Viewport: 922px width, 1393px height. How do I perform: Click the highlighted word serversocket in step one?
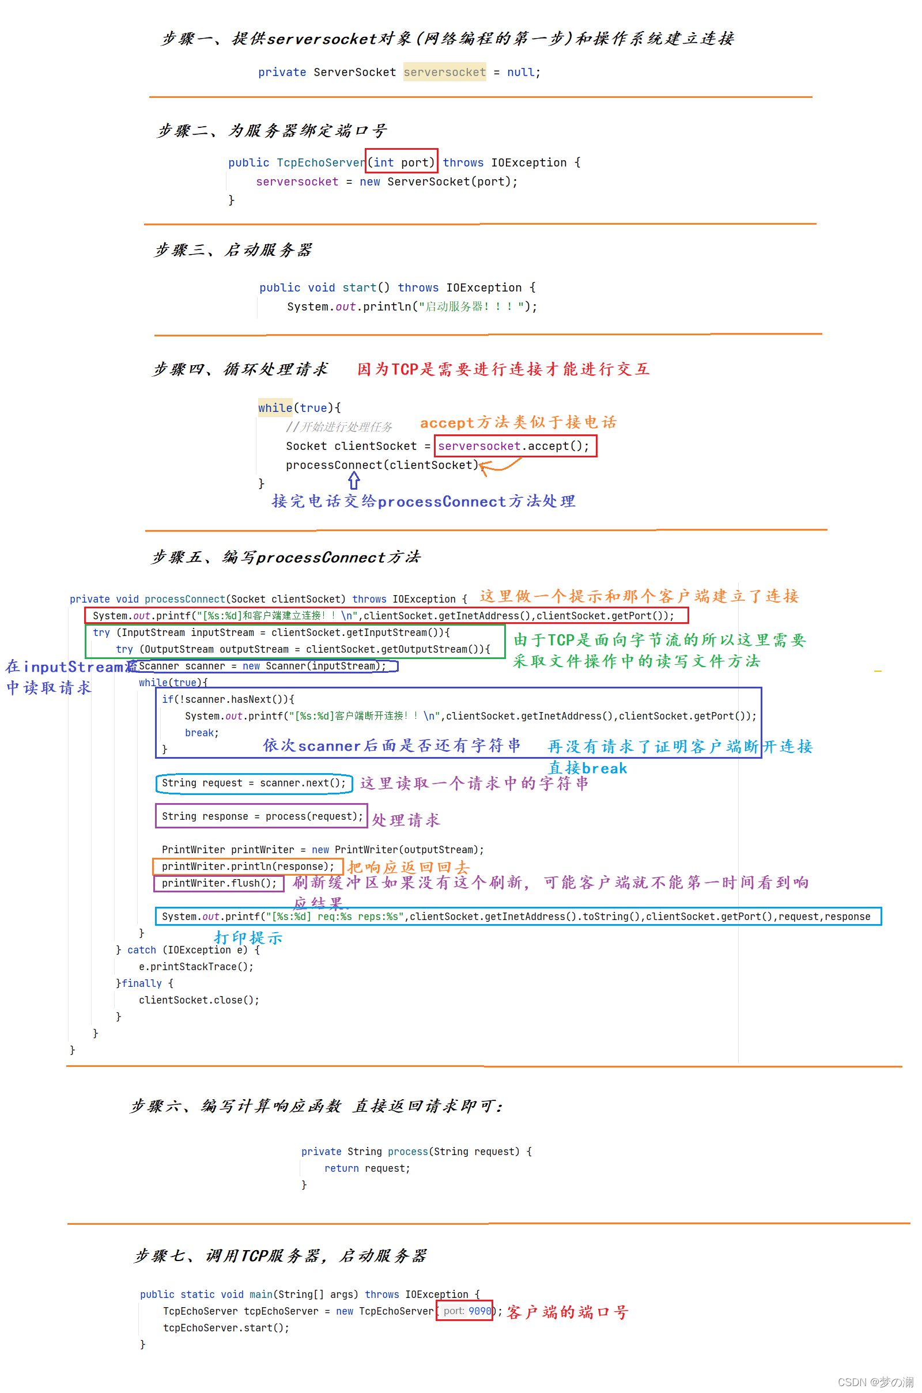tap(444, 72)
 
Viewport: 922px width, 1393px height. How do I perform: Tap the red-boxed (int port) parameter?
tap(402, 162)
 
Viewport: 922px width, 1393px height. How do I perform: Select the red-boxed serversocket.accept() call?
tap(515, 446)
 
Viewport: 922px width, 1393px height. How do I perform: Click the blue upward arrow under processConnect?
tap(354, 482)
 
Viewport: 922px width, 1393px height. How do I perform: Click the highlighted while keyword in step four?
tap(275, 408)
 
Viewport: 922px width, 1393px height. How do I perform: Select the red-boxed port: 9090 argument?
tap(464, 1311)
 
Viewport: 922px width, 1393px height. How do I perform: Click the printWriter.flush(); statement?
tap(219, 883)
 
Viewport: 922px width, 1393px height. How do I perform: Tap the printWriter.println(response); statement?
tap(248, 867)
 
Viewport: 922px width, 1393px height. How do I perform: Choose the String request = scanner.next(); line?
tap(254, 783)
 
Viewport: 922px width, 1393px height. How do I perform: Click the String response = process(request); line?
tap(262, 816)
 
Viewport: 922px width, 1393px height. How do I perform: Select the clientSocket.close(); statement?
tap(199, 1000)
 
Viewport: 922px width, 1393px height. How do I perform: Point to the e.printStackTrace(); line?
tap(196, 967)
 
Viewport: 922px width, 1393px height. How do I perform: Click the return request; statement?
tap(367, 1168)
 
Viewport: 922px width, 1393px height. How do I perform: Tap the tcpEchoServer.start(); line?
tap(226, 1328)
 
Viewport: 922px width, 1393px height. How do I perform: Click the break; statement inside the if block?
tap(202, 733)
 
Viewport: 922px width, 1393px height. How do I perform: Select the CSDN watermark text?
tap(875, 1382)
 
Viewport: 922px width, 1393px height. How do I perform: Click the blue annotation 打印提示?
tap(248, 938)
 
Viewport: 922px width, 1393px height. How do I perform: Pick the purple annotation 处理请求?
tap(406, 820)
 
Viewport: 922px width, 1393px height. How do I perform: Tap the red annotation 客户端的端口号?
tap(568, 1312)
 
